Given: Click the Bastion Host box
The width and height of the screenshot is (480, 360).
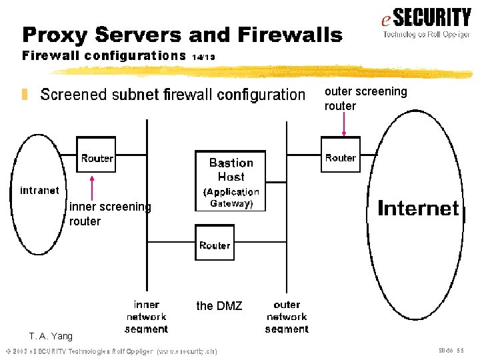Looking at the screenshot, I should [230, 181].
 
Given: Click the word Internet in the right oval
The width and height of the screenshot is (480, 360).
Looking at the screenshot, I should [418, 209].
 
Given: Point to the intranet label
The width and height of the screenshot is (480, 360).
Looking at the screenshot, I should [39, 191].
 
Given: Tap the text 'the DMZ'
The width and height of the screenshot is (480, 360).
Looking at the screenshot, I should [219, 306].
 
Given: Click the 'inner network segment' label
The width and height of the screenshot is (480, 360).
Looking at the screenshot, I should [146, 317].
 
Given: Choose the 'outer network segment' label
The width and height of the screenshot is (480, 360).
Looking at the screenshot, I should [287, 317].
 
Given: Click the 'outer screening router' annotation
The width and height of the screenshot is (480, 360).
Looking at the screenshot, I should [365, 99].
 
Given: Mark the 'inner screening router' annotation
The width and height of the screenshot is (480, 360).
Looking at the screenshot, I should [110, 214].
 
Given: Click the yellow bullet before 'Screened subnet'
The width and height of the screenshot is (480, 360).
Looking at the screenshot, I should [25, 95].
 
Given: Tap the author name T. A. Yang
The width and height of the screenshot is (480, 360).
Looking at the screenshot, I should [51, 336].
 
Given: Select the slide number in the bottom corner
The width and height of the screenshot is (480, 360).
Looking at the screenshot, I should [451, 350].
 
